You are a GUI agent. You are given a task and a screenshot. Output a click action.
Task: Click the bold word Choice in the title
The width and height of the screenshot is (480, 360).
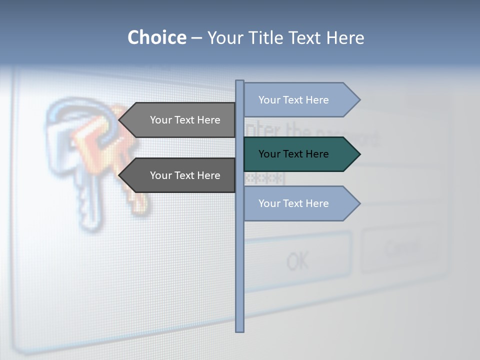tap(156, 37)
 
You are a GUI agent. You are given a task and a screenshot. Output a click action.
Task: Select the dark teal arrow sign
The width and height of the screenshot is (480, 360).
tap(300, 154)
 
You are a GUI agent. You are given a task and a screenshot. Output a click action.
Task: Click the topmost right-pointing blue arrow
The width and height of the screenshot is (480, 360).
tap(300, 100)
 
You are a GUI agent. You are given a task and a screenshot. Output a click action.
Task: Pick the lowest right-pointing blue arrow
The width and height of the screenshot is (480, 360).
tap(300, 203)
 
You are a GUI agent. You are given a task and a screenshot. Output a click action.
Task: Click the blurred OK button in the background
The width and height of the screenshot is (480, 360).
tap(298, 260)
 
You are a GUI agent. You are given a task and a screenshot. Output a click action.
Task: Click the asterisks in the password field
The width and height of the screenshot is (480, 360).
tap(265, 178)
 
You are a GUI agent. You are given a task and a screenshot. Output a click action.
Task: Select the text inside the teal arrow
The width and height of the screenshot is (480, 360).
tap(293, 154)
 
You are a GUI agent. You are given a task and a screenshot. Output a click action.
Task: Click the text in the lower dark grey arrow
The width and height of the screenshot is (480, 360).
tap(185, 175)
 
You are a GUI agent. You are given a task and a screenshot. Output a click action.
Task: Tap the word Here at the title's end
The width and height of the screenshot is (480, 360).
tap(345, 37)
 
